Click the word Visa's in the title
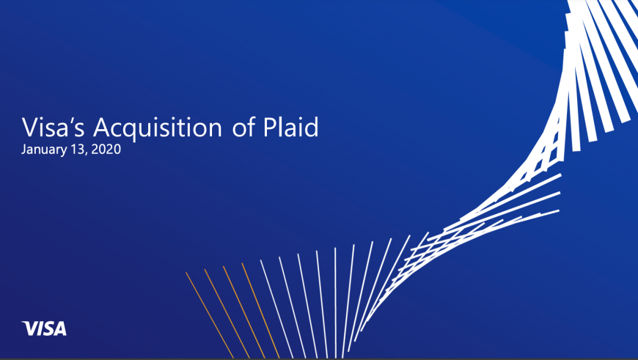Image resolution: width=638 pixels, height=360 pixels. [54, 127]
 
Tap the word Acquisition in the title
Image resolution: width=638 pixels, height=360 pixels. [158, 128]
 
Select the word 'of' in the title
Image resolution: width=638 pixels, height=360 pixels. [243, 127]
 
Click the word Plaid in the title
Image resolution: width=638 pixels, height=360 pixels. [290, 127]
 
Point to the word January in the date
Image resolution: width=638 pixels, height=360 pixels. [44, 150]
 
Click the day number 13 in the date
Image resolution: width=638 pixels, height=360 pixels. [77, 149]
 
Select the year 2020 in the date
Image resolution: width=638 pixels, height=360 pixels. [106, 149]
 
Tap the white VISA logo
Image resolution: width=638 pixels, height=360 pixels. [44, 328]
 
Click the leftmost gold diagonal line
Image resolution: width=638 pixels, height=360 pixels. [210, 315]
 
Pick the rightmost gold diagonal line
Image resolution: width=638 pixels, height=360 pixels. [260, 310]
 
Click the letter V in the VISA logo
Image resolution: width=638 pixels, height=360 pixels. [29, 328]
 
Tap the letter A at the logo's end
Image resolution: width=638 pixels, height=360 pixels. [60, 328]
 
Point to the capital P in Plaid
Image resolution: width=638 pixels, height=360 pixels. [269, 128]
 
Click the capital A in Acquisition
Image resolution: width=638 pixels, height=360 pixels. [102, 128]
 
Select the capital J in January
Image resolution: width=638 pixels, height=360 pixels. [23, 150]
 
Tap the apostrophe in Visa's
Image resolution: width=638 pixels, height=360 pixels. [70, 120]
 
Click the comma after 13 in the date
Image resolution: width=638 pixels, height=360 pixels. [86, 154]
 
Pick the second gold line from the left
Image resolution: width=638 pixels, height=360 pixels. [227, 313]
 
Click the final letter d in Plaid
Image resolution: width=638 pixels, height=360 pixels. [312, 127]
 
